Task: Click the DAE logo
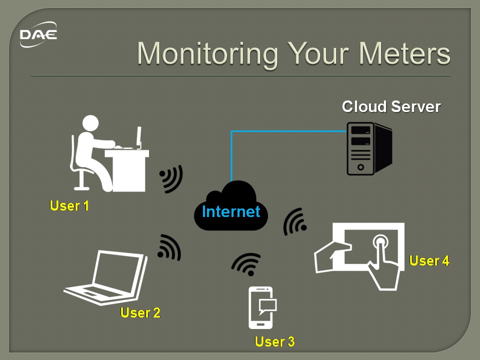tap(38, 34)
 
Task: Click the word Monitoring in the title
tap(207, 54)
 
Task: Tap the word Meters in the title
tap(404, 53)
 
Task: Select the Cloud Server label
tap(391, 106)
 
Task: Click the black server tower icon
tap(369, 149)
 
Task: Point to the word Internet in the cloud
tap(231, 211)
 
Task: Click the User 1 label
tap(69, 205)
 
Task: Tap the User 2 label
tap(140, 312)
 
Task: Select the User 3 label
tap(274, 341)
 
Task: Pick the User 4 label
tap(429, 260)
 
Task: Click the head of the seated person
tap(90, 123)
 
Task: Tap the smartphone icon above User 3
tap(261, 307)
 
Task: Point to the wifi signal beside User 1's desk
tap(171, 179)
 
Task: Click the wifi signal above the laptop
tap(170, 248)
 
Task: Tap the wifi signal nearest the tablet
tap(295, 221)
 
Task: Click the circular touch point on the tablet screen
tap(380, 242)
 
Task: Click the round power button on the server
tap(360, 167)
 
